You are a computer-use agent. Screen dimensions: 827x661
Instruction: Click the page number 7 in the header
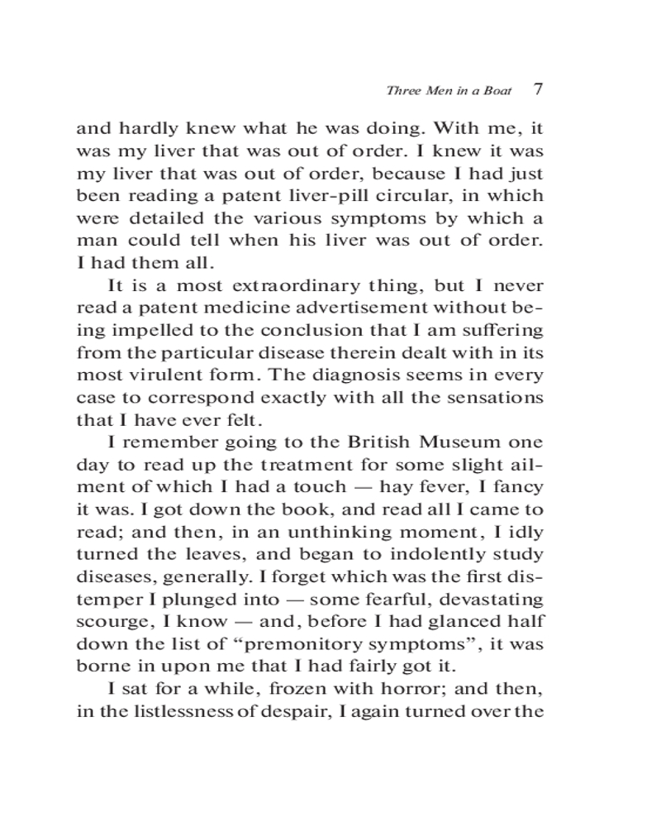pyautogui.click(x=539, y=88)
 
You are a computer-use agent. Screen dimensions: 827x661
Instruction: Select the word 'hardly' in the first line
pyautogui.click(x=146, y=129)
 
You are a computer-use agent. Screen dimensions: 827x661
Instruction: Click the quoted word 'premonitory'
pyautogui.click(x=297, y=643)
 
